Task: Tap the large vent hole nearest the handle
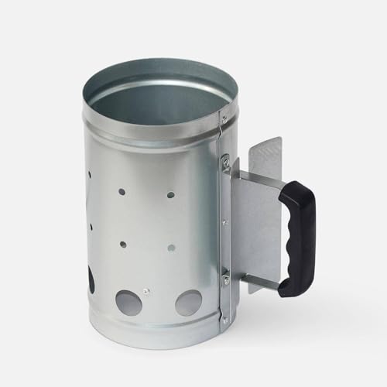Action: (188, 302)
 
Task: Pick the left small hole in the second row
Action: (123, 245)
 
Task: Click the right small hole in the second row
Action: (170, 248)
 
